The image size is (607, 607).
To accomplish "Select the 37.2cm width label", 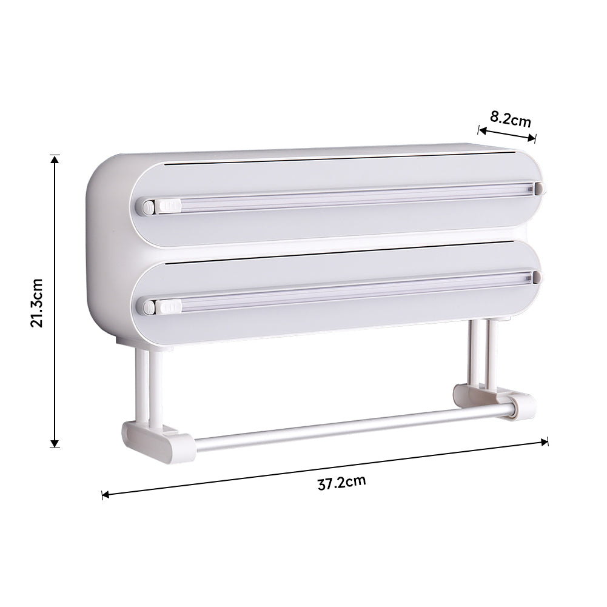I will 341,483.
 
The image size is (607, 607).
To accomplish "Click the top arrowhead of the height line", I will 55,159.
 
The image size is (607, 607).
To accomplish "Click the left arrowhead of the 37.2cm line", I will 106,495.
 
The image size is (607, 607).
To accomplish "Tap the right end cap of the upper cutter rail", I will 538,188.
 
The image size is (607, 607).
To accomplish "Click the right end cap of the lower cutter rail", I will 537,278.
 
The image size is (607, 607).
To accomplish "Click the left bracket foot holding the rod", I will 158,441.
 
